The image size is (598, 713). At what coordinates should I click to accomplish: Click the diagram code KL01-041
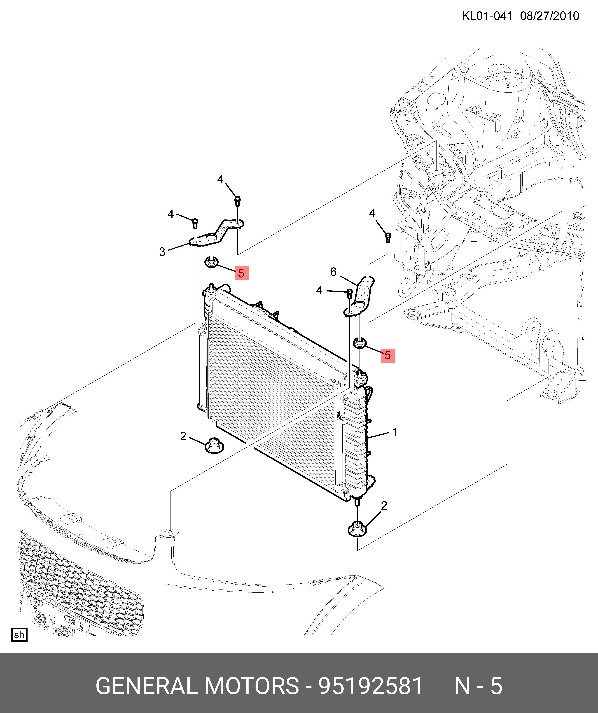click(x=487, y=16)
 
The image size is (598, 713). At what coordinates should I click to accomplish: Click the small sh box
click(x=19, y=635)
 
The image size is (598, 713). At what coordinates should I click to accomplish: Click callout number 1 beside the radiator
click(x=395, y=432)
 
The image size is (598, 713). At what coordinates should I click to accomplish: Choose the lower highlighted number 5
click(x=388, y=355)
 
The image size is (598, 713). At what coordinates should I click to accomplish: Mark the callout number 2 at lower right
click(x=384, y=506)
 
